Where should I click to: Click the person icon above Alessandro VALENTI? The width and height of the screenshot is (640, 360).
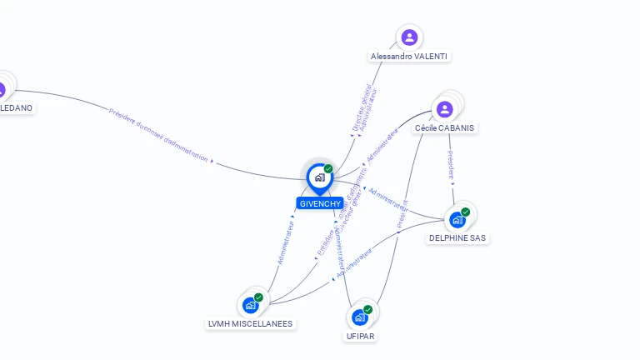409,37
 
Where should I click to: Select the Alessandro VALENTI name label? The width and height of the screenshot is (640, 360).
409,56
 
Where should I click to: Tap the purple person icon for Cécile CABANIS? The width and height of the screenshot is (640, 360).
445,109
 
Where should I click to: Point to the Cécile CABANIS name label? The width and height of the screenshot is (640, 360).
446,128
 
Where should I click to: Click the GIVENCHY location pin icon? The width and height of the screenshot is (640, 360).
319,177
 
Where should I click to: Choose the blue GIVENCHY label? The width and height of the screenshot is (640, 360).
319,203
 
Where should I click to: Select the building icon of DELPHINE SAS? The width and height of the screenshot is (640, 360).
457,220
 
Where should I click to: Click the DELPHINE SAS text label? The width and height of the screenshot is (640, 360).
457,237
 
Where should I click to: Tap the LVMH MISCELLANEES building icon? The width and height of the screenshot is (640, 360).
251,305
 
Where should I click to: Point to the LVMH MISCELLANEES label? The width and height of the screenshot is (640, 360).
250,323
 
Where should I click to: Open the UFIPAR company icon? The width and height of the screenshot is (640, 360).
359,317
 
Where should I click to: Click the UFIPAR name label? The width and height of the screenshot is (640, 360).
362,336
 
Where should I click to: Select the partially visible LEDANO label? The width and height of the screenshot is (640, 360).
17,107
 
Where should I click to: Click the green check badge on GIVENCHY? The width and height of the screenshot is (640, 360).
328,169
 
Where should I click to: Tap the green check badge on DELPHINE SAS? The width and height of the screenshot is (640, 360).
465,212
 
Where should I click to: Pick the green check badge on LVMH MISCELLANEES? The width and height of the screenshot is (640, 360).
258,297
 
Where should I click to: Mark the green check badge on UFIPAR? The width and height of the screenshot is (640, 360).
367,310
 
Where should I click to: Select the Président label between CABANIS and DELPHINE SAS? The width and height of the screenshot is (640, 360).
451,165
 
